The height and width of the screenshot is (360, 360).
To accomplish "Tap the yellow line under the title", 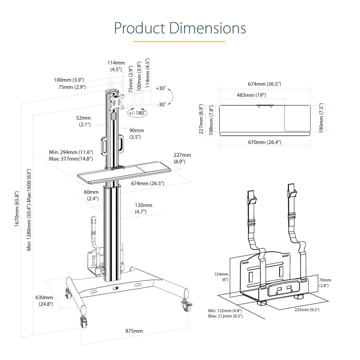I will (180, 41).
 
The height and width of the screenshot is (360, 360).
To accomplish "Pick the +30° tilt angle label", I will (160, 89).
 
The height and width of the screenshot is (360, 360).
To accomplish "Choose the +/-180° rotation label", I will (137, 113).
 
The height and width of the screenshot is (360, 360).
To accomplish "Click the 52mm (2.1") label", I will (84, 121).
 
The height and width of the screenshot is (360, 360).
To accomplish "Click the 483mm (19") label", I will (252, 95).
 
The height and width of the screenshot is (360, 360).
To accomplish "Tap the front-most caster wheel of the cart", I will (83, 321).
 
